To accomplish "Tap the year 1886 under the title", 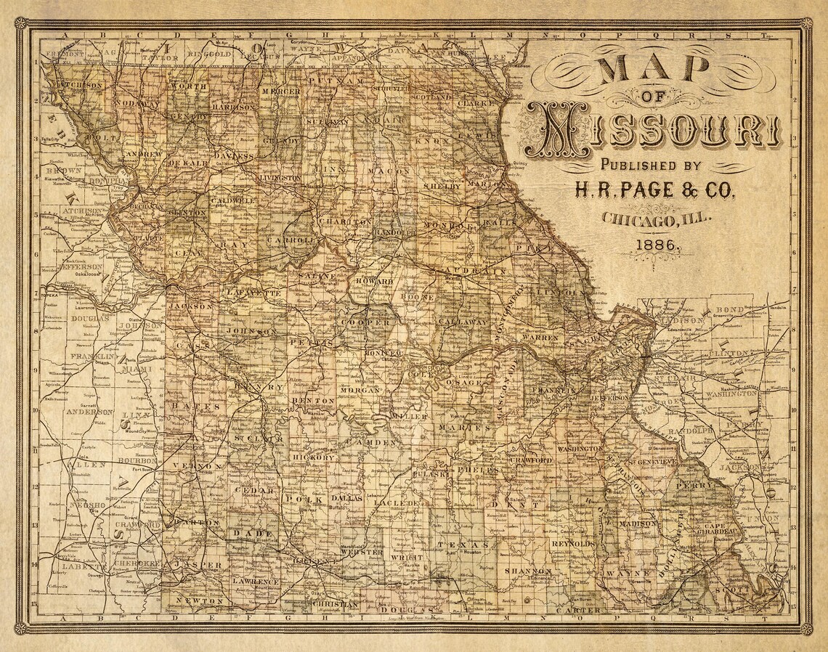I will pyautogui.click(x=658, y=245).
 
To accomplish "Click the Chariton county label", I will pyautogui.click(x=335, y=221).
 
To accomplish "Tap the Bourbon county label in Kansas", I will pyautogui.click(x=139, y=461).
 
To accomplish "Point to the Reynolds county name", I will pyautogui.click(x=574, y=543).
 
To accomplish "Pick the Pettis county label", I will pyautogui.click(x=311, y=341).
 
